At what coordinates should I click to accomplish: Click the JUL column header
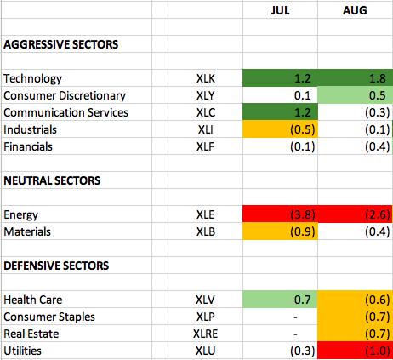(x=280, y=10)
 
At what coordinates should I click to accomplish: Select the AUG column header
(x=355, y=10)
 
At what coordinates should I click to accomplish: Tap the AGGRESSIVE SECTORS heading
(x=61, y=44)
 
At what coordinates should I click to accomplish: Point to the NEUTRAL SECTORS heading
(x=52, y=180)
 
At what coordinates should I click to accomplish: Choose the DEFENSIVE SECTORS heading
(x=56, y=266)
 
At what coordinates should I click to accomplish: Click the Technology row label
(x=32, y=78)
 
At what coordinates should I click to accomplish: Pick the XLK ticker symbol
(x=206, y=78)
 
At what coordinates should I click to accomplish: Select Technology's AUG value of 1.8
(x=378, y=78)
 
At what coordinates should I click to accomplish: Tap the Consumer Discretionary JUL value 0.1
(x=303, y=95)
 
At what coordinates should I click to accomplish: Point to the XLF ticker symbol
(x=205, y=146)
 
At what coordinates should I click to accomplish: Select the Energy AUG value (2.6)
(x=378, y=214)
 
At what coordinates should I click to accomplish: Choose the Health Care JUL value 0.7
(x=303, y=300)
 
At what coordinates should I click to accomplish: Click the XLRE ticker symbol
(x=205, y=334)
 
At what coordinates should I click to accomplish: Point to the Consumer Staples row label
(x=49, y=317)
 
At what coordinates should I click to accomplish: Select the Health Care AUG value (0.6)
(x=378, y=300)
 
